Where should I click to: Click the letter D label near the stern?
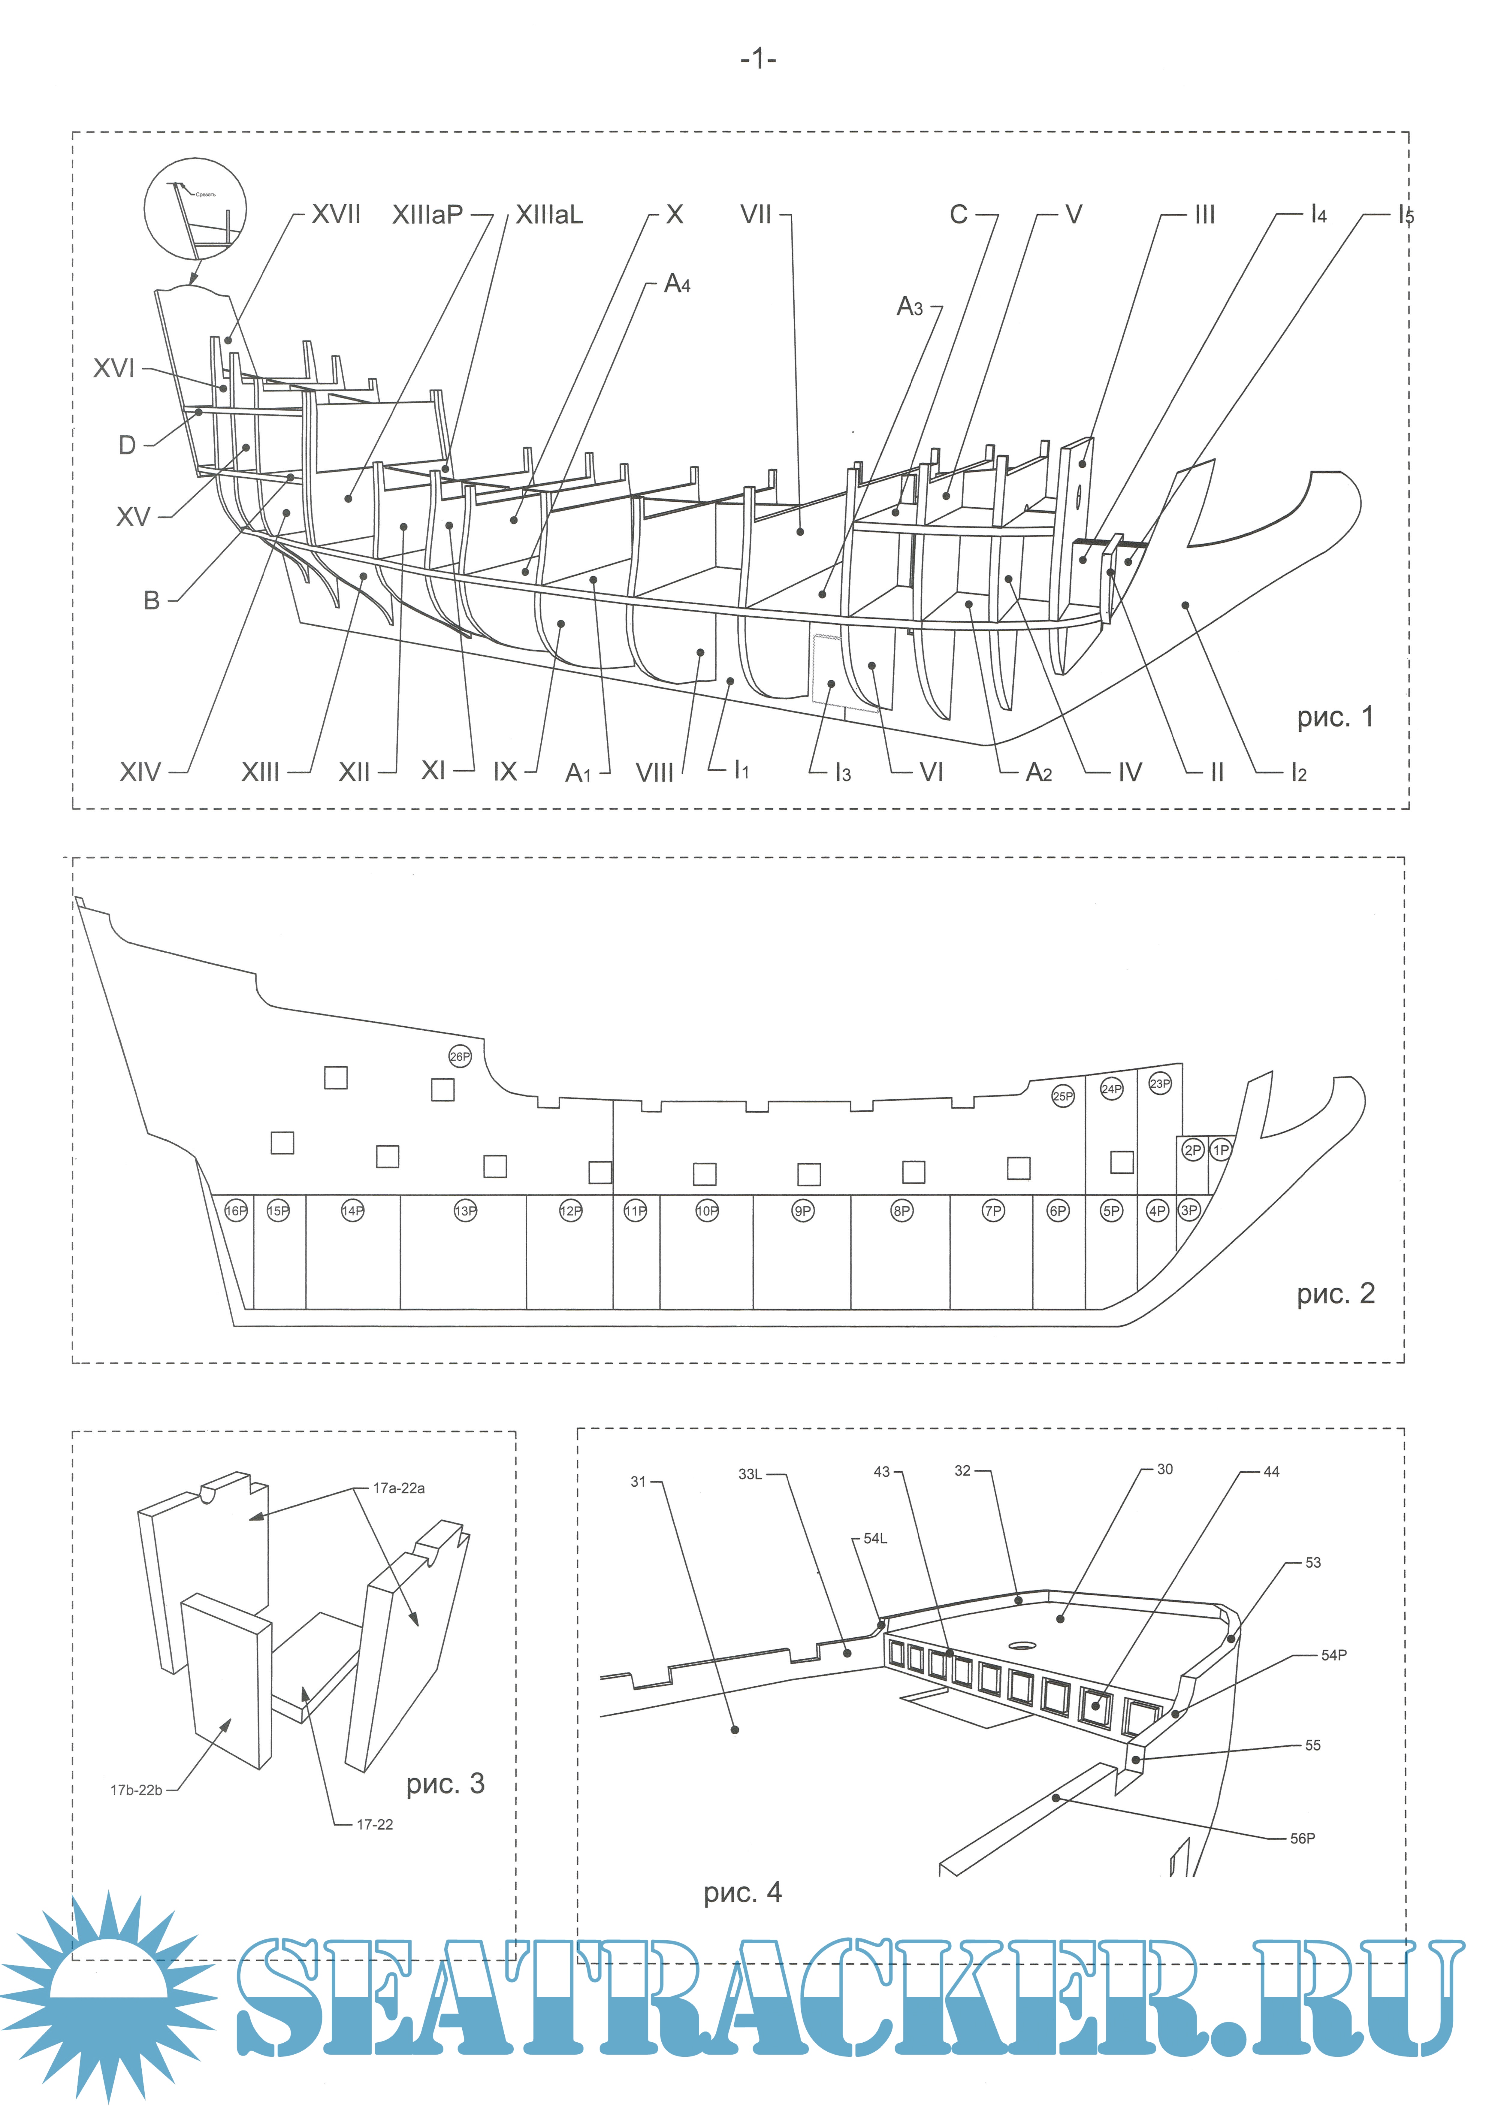click(x=128, y=446)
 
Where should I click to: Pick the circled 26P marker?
click(x=460, y=1057)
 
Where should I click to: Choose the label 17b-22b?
click(x=136, y=1790)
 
